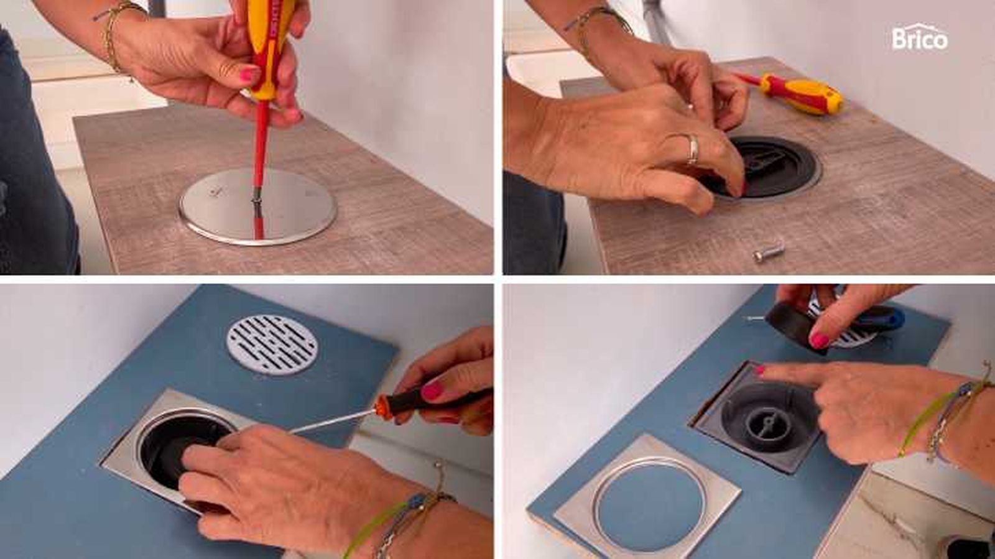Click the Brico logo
920,39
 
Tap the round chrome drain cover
257,206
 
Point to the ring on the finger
692,148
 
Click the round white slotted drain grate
272,344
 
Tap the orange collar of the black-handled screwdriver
381,407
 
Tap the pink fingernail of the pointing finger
760,369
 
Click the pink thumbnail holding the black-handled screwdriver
431,391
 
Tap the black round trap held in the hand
797,326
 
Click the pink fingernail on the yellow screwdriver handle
249,74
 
